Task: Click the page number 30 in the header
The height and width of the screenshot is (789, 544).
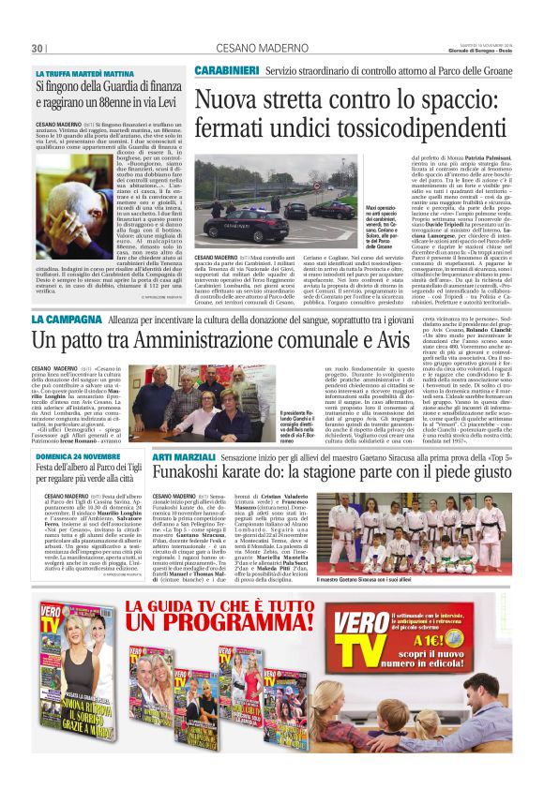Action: click(37, 48)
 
